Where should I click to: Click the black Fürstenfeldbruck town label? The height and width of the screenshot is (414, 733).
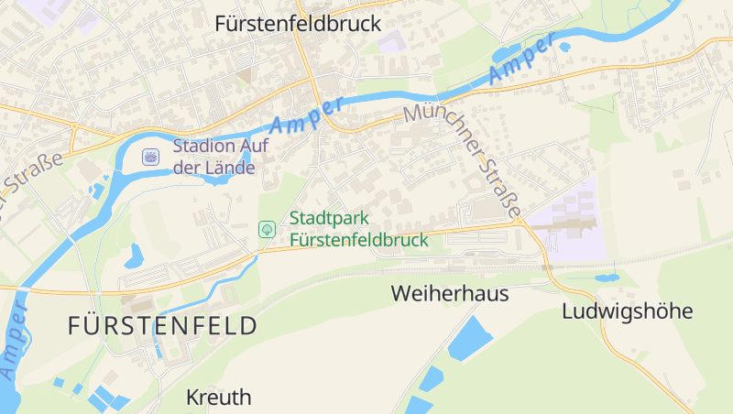click(x=297, y=24)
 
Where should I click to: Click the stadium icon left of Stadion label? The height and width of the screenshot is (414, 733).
click(x=149, y=157)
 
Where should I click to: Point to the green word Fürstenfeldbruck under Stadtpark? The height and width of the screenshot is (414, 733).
click(x=359, y=240)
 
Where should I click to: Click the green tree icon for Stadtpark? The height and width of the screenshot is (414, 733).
click(x=267, y=229)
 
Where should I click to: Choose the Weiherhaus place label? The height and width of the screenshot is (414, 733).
click(x=449, y=294)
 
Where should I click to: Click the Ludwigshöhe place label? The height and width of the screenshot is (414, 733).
click(x=627, y=311)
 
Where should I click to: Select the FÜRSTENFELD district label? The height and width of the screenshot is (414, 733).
click(x=162, y=326)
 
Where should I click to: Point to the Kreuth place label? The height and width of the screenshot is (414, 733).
click(x=218, y=398)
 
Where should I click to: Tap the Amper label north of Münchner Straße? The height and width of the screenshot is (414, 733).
click(x=522, y=60)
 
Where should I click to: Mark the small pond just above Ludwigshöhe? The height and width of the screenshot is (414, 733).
click(x=606, y=277)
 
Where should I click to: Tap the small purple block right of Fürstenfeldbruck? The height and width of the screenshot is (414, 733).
click(x=391, y=42)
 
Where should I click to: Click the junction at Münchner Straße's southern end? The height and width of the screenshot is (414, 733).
click(x=520, y=221)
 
